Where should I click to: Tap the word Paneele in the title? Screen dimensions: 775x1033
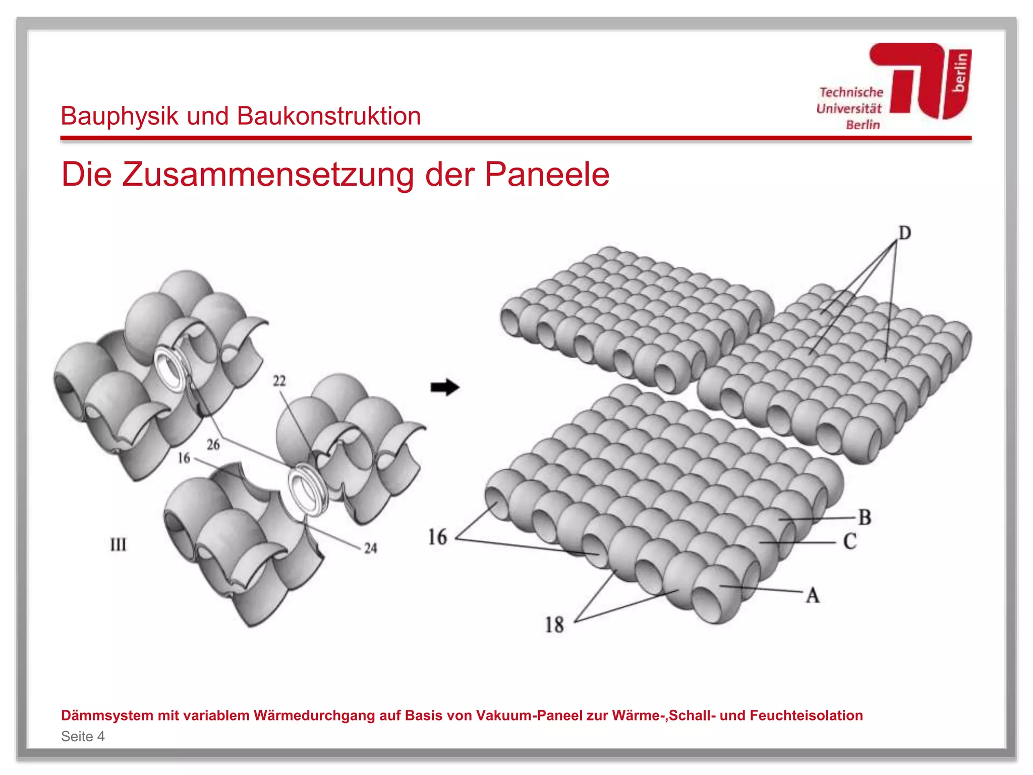point(547,175)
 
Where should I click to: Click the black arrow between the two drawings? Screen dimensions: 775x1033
point(444,387)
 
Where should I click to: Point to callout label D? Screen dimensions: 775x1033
point(905,233)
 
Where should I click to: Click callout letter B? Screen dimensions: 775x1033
point(865,517)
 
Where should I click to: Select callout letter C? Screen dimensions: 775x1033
point(850,541)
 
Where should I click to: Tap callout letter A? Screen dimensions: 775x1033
point(813,595)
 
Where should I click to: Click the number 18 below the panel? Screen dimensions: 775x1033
point(554,625)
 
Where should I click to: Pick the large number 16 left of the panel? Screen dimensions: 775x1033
point(437,537)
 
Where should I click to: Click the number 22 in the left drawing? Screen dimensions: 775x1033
point(279,380)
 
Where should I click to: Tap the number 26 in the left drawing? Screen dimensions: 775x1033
point(213,444)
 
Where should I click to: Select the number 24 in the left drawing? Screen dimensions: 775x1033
point(371,548)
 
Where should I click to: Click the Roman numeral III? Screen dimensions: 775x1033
point(119,544)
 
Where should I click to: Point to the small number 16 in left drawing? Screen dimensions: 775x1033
point(184,458)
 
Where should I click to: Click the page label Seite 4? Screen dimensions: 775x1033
point(83,736)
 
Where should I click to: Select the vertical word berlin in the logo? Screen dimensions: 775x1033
point(960,73)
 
